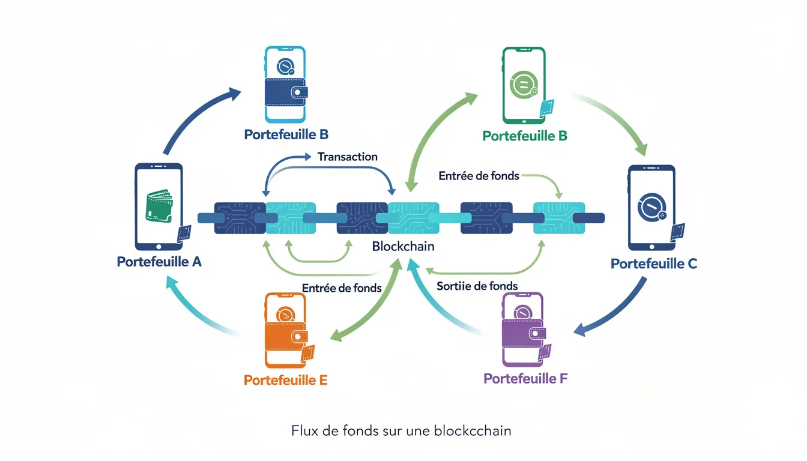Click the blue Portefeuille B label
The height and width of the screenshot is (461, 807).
286,134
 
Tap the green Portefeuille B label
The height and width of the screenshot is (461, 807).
524,136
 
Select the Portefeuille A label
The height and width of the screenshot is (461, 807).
159,262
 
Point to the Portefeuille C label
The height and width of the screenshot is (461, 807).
654,264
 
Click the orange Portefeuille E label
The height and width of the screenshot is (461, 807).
285,380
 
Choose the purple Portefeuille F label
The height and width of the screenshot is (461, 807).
525,378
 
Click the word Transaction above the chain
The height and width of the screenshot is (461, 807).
347,157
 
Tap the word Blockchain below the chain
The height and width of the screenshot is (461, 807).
403,246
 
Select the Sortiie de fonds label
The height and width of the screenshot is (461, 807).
477,286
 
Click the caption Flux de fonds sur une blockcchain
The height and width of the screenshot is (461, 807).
401,431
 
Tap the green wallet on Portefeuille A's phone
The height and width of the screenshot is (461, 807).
159,207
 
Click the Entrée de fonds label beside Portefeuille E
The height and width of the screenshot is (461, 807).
342,288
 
